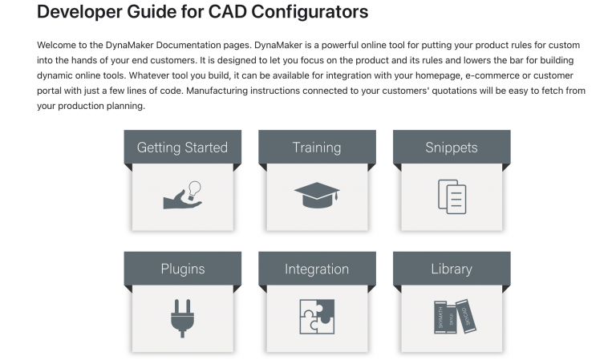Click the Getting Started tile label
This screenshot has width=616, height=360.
pyautogui.click(x=182, y=148)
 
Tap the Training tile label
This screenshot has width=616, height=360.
pyautogui.click(x=317, y=148)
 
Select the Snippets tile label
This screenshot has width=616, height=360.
pyautogui.click(x=451, y=148)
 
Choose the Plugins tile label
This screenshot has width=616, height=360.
pyautogui.click(x=182, y=269)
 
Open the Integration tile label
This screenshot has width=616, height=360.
pyautogui.click(x=317, y=269)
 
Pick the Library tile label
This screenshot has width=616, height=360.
pyautogui.click(x=451, y=269)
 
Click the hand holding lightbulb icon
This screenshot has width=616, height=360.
pyautogui.click(x=182, y=195)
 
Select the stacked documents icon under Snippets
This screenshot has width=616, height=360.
pyautogui.click(x=452, y=196)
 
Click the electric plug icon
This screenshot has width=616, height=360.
pyautogui.click(x=182, y=317)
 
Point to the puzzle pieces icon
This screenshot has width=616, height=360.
pyautogui.click(x=317, y=317)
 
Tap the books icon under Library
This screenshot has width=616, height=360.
pyautogui.click(x=451, y=317)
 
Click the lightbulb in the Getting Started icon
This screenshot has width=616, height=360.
pyautogui.click(x=193, y=188)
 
